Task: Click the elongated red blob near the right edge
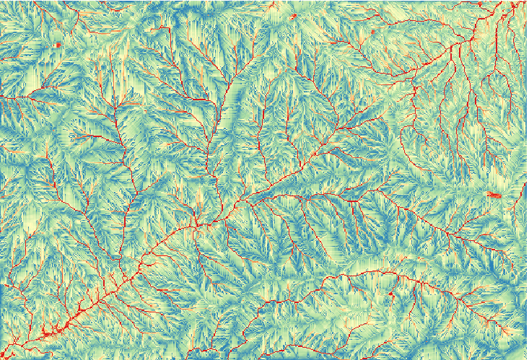tap(495, 195)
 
